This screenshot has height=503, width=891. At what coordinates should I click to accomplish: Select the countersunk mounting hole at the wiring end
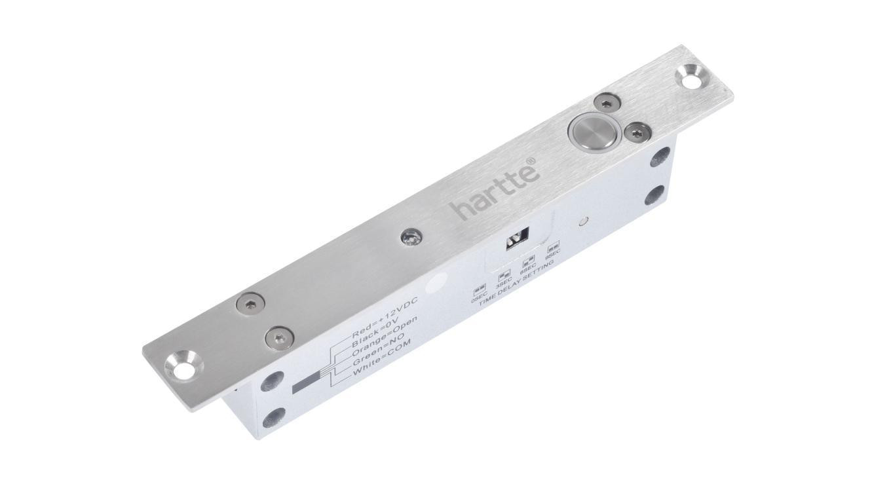tap(183, 365)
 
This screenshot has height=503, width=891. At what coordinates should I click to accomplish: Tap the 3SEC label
tap(504, 282)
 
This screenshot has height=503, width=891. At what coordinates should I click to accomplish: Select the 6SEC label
tap(528, 268)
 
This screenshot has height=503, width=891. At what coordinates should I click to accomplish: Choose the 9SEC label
tap(552, 254)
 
